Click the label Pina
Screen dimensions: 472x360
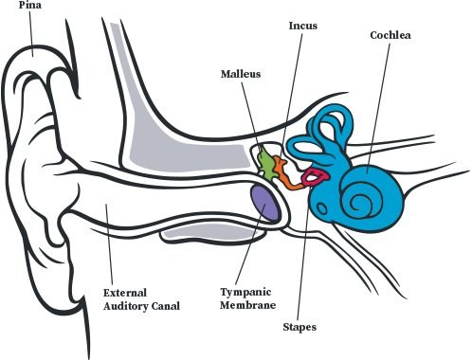click(30, 5)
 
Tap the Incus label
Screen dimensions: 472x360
click(303, 26)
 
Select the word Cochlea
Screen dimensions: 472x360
click(390, 35)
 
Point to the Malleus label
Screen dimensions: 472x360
click(241, 74)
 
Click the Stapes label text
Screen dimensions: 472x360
click(300, 327)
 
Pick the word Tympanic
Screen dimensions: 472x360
click(245, 293)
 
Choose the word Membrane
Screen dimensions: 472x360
click(248, 305)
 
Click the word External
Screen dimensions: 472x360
click(125, 293)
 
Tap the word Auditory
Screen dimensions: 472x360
click(126, 306)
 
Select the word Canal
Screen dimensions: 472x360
click(166, 306)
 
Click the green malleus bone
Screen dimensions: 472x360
click(266, 164)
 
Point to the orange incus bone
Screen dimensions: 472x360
click(286, 173)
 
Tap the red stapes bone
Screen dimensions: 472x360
click(316, 176)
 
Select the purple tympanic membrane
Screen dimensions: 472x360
click(264, 203)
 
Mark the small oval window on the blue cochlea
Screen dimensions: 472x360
click(322, 208)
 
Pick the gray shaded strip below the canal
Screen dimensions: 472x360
click(212, 233)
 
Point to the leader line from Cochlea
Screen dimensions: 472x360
click(378, 108)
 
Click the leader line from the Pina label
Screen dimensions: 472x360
click(31, 33)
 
